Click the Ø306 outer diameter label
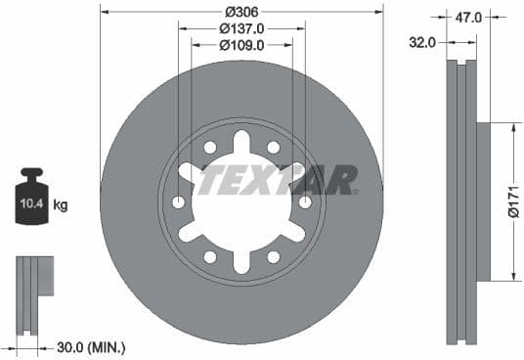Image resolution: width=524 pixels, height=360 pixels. pos(241,12)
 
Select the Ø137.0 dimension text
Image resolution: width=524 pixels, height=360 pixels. pos(241,28)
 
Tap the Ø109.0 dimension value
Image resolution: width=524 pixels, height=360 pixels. pos(241,45)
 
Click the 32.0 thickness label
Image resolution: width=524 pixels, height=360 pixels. pos(423,43)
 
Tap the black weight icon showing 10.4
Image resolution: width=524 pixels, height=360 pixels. pos(31,201)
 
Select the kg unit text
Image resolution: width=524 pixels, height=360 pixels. pos(61,205)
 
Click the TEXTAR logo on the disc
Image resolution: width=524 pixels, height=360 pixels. pos(278,180)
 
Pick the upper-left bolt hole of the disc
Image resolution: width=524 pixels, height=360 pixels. pos(210,147)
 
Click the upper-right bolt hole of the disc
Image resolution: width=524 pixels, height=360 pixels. pos(274,147)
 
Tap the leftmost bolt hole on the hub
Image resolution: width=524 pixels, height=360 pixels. pos(178,202)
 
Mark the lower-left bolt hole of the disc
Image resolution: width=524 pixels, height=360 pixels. pos(210,257)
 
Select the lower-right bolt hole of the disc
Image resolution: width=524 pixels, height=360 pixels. pos(274,257)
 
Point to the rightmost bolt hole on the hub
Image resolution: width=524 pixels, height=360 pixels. pos(305,202)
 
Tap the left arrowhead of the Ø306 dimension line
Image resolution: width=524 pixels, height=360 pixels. pos(105,12)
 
